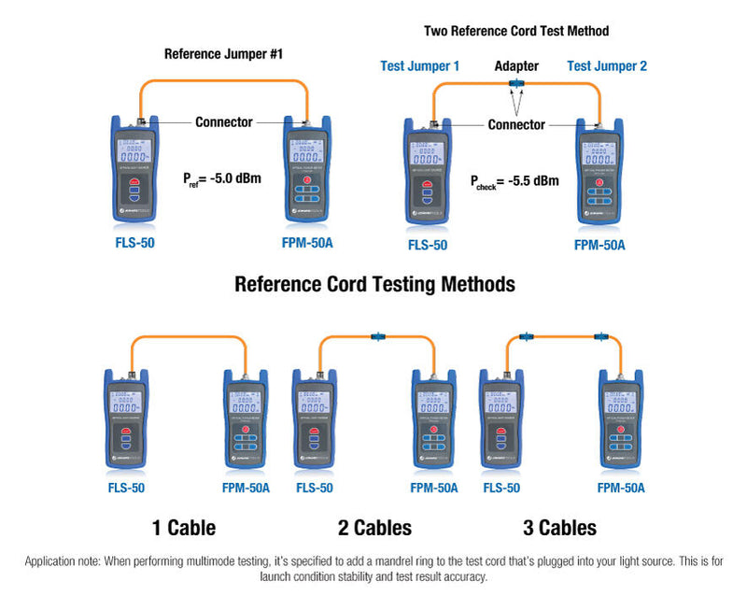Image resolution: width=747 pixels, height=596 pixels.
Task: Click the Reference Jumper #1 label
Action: [x=223, y=53]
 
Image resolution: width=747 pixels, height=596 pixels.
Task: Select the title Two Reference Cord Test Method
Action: [x=516, y=31]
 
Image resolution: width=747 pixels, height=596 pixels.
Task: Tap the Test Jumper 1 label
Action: [x=420, y=66]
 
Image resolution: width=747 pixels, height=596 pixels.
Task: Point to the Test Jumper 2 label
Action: [x=607, y=66]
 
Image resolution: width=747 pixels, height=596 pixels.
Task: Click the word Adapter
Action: [x=516, y=66]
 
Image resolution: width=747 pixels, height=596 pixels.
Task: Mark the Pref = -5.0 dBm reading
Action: [x=222, y=176]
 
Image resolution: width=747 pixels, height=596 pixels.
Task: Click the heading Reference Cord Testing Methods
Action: [x=373, y=283]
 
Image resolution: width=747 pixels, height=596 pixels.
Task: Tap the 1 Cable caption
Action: [x=184, y=528]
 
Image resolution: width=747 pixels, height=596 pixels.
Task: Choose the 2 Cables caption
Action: [x=374, y=528]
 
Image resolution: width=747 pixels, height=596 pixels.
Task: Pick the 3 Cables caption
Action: [x=559, y=528]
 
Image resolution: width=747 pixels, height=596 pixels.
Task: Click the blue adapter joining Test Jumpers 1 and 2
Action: [x=515, y=85]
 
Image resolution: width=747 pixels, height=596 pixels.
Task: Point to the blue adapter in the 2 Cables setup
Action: [x=379, y=337]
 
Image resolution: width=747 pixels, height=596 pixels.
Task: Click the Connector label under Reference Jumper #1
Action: [x=223, y=121]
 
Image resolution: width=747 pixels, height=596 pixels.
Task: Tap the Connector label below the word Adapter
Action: [x=516, y=124]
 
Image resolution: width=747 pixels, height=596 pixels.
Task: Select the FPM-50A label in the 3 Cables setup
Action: [x=621, y=488]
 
